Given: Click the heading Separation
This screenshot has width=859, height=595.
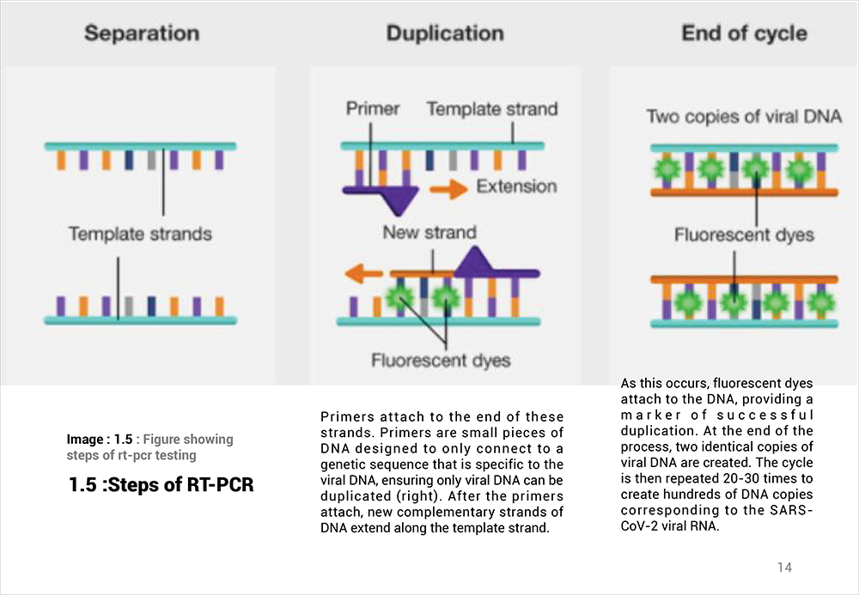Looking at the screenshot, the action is tap(142, 33).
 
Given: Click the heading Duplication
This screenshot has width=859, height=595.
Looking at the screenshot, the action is tap(445, 33).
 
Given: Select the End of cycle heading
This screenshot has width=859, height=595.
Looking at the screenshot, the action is tap(744, 33).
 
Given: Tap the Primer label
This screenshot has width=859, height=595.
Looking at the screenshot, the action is tap(373, 108).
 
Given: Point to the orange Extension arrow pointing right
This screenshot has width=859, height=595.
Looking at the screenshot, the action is tap(448, 190).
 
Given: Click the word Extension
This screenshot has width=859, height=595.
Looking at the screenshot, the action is tap(516, 186).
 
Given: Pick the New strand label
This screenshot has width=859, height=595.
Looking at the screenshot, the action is tap(429, 232).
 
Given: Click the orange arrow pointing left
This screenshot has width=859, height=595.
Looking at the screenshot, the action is tap(363, 273).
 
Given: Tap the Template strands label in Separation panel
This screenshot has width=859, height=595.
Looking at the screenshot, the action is tap(140, 234).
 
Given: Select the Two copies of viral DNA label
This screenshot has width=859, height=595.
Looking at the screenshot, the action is tap(744, 117).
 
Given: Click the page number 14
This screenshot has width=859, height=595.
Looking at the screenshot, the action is tap(784, 567).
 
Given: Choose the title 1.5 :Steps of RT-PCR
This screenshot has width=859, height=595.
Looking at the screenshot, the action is tap(161, 484).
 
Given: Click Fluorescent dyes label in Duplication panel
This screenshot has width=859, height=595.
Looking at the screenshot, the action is tap(441, 360).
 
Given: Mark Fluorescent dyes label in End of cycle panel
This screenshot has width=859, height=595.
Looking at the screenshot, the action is tap(744, 235).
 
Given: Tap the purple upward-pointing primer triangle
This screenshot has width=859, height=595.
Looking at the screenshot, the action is tap(475, 260).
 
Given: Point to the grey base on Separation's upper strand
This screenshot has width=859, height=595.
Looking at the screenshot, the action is tap(152, 160).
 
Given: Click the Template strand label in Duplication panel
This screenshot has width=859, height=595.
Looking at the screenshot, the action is tap(492, 109).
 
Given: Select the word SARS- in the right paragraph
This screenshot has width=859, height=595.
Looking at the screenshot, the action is tap(793, 510).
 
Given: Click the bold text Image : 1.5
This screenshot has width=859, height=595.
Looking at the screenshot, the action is tap(100, 440).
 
